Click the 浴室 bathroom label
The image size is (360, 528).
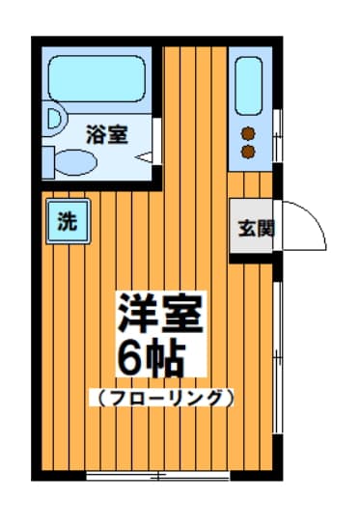click(x=107, y=134)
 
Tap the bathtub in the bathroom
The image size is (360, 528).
click(x=97, y=79)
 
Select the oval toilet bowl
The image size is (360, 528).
click(x=76, y=162)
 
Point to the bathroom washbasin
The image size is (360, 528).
click(x=54, y=119)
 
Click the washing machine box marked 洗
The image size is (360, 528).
click(x=69, y=221)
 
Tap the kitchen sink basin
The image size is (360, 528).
click(x=249, y=86)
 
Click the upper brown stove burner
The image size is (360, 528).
click(x=248, y=134)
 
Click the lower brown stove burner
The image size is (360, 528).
click(x=248, y=152)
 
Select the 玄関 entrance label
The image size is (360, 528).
click(x=257, y=229)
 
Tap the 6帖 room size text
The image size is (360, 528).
click(x=152, y=360)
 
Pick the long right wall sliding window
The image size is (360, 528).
click(x=278, y=358)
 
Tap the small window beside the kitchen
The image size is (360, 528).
click(x=278, y=136)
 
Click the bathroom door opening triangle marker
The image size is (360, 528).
click(x=144, y=157)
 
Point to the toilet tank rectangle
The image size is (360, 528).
click(x=48, y=162)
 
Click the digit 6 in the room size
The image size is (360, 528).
click(x=130, y=360)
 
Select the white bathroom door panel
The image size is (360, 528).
click(x=156, y=142)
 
